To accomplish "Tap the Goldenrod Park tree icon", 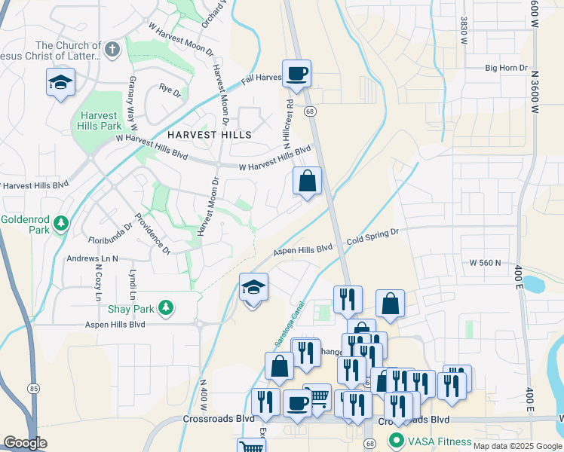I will tap(62, 223).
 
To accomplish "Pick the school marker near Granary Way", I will tap(60, 82).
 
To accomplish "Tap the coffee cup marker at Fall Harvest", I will tap(296, 74).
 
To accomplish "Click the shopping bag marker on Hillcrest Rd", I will tap(307, 182).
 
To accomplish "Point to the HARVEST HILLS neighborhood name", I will tap(199, 134).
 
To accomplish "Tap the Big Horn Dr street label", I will tap(506, 68).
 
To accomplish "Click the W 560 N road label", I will tap(485, 263).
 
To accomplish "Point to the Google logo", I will tap(25, 442).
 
